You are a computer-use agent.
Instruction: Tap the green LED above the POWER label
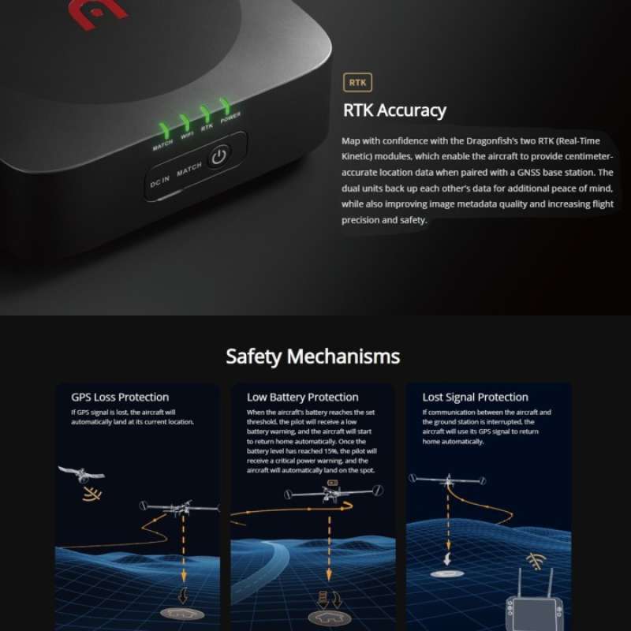(x=226, y=106)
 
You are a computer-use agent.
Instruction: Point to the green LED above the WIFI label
(x=185, y=121)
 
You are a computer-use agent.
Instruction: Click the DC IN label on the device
(x=159, y=183)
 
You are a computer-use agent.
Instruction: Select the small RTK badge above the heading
(x=357, y=82)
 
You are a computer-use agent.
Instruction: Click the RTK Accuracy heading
(x=394, y=110)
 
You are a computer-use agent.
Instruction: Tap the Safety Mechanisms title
(x=313, y=356)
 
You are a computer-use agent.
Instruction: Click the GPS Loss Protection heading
(x=120, y=397)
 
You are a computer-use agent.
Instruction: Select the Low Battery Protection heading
(x=302, y=397)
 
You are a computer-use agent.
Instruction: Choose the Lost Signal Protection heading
(x=475, y=397)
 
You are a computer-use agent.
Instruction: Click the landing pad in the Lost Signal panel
(x=448, y=573)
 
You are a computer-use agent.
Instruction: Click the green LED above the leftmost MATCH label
(x=164, y=129)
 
